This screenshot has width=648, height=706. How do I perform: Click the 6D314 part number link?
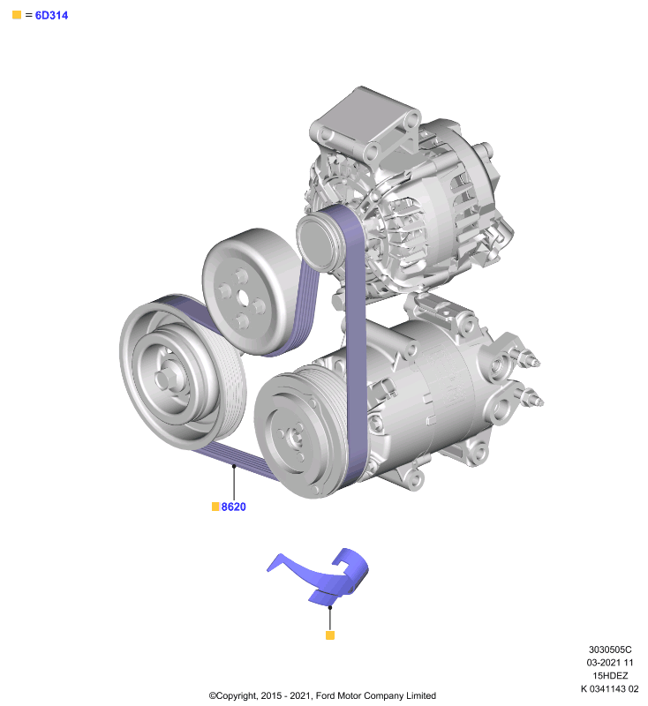(51, 15)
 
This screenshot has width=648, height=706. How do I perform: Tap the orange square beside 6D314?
(17, 15)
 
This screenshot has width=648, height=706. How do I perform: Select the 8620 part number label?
(233, 507)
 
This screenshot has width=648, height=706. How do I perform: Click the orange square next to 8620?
(215, 507)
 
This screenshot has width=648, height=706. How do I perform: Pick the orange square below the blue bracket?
(330, 635)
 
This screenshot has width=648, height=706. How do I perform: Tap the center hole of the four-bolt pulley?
(243, 297)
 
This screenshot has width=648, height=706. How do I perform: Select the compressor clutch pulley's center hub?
(295, 437)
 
